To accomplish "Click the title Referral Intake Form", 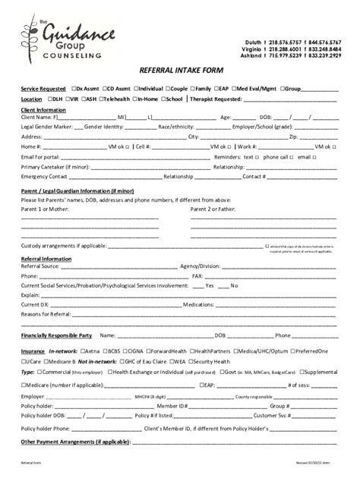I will coord(179,69).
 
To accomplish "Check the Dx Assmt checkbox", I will coord(74,88).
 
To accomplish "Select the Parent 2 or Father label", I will coord(213,208).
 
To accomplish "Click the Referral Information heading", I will coord(46,259).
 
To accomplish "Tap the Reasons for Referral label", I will coord(46,314).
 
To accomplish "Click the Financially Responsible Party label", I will coord(56,335).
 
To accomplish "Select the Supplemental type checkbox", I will coord(302,372).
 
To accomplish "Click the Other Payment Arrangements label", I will coord(75,441).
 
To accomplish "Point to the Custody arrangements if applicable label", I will coord(63,247).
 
